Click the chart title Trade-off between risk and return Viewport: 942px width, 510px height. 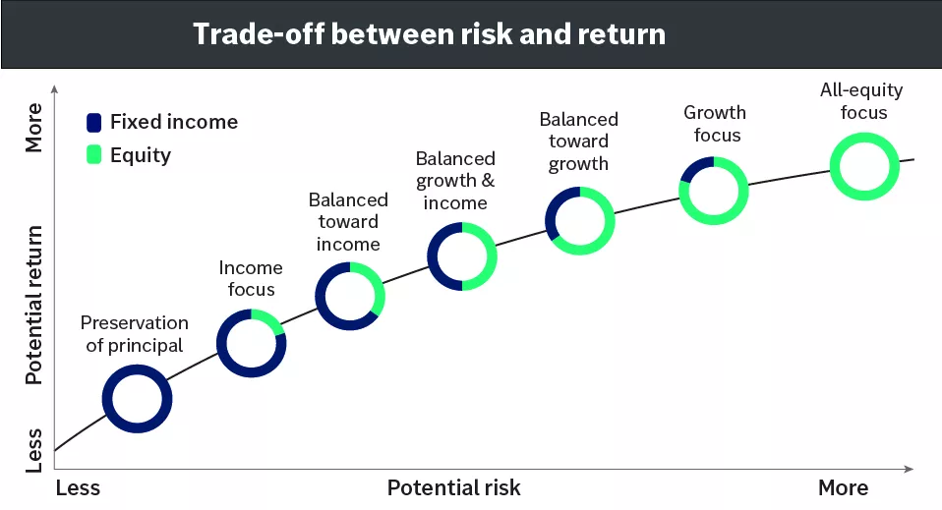pyautogui.click(x=429, y=33)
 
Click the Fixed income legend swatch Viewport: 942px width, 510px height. pyautogui.click(x=94, y=123)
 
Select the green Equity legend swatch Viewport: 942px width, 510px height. pyautogui.click(x=94, y=155)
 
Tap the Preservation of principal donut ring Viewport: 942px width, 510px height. pyautogui.click(x=138, y=398)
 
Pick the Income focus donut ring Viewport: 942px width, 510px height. pyautogui.click(x=251, y=343)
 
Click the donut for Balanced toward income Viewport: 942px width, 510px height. pyautogui.click(x=349, y=296)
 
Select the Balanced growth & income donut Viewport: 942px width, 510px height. pyautogui.click(x=461, y=256)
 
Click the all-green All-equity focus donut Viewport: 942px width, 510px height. pyautogui.click(x=863, y=165)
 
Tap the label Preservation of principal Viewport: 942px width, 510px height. pyautogui.click(x=135, y=334)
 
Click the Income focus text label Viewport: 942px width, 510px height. pyautogui.click(x=251, y=278)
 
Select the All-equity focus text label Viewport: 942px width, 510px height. pyautogui.click(x=862, y=101)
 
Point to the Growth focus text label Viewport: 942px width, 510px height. pyautogui.click(x=715, y=124)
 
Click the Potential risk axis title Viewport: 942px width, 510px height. pyautogui.click(x=453, y=488)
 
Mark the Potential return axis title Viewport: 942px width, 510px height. pyautogui.click(x=34, y=305)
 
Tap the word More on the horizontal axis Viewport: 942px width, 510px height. pyautogui.click(x=843, y=488)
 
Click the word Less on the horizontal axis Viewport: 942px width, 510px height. pyautogui.click(x=78, y=488)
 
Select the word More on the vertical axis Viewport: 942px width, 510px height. pyautogui.click(x=34, y=127)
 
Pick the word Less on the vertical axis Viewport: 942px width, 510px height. pyautogui.click(x=34, y=449)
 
